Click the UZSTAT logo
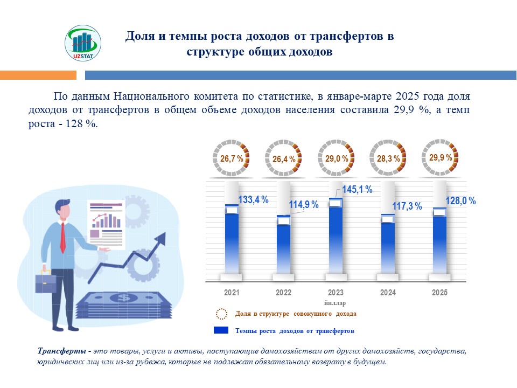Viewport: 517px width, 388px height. point(82,45)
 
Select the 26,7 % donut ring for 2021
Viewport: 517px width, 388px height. point(232,158)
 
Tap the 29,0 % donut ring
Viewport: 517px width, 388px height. point(336,158)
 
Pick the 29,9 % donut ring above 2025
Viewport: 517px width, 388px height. point(440,157)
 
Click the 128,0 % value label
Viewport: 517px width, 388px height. point(461,200)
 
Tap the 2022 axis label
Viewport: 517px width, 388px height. point(283,293)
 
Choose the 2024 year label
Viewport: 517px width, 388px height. point(388,293)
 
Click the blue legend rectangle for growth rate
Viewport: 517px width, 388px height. point(222,330)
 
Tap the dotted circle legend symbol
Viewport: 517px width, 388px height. point(221,314)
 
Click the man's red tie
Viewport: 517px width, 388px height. point(63,237)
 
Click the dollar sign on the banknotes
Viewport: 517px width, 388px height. point(124,297)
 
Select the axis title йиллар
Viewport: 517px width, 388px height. point(335,303)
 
